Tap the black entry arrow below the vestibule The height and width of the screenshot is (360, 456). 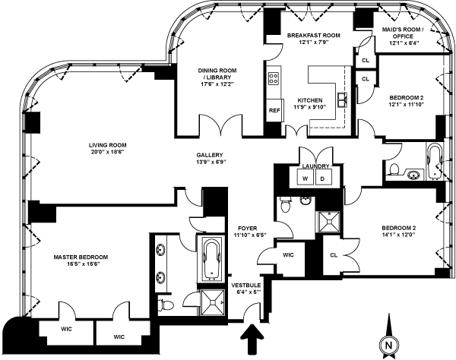tap(251, 336)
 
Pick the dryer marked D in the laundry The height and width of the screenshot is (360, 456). tap(321, 178)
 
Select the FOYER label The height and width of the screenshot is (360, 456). tap(247, 227)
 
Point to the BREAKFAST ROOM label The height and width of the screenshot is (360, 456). tap(313, 36)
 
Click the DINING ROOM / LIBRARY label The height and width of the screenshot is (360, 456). tap(220, 74)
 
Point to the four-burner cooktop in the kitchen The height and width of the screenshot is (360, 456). tap(274, 78)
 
